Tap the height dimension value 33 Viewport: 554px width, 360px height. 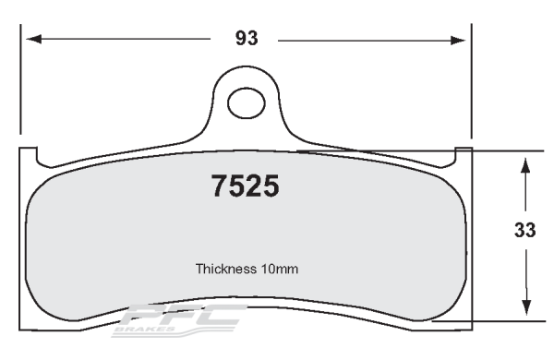(x=525, y=231)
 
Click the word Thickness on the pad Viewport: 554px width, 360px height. (x=225, y=270)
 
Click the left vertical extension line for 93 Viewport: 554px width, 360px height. (x=23, y=83)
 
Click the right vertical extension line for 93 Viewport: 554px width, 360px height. (x=472, y=83)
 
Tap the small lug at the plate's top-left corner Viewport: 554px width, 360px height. (x=28, y=153)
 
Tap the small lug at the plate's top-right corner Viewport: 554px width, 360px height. (x=464, y=152)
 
